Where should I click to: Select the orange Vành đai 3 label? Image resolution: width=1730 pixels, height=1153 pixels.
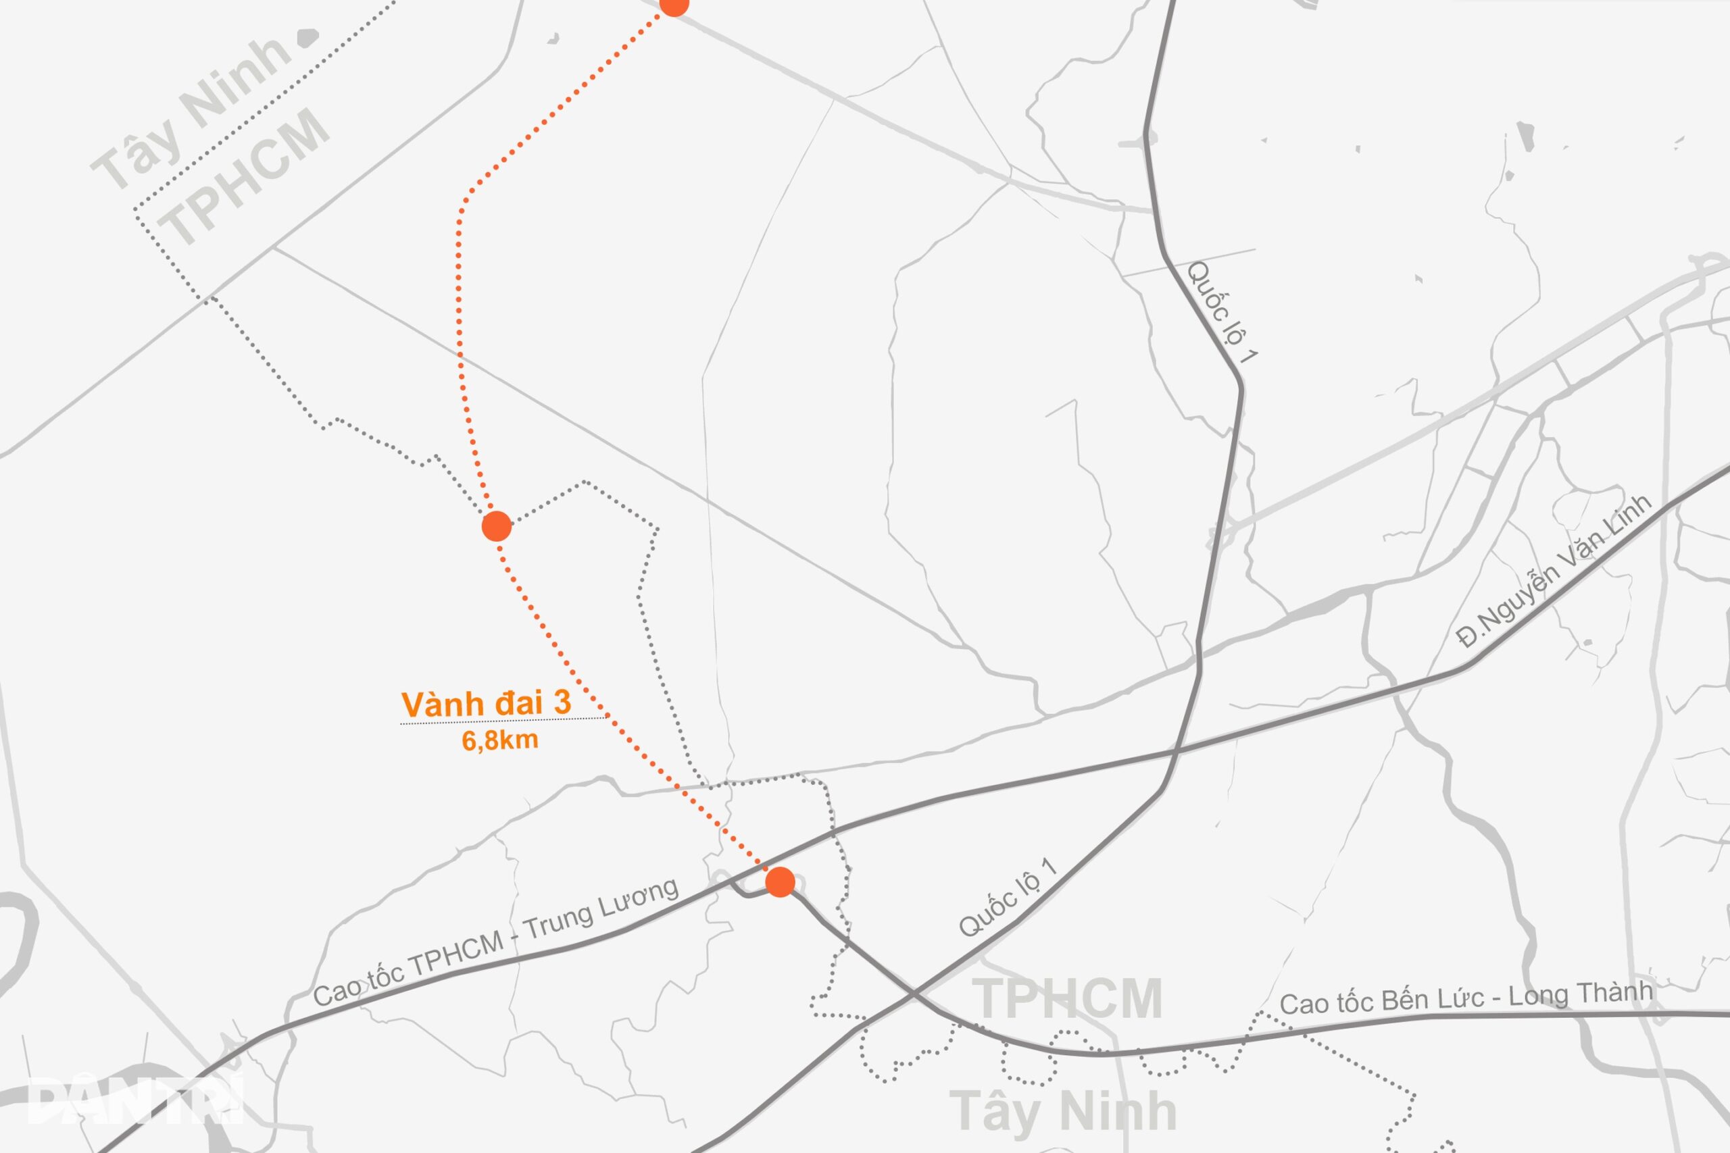pyautogui.click(x=486, y=704)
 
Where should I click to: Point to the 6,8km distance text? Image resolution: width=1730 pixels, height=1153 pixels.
pyautogui.click(x=499, y=740)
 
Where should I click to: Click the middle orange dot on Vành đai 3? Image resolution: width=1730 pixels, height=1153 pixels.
pyautogui.click(x=497, y=526)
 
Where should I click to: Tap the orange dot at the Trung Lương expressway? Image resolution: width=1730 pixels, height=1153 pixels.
pyautogui.click(x=780, y=881)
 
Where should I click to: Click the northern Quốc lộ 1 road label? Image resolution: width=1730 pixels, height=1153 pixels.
pyautogui.click(x=1222, y=312)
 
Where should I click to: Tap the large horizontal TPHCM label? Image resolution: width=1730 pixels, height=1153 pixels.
pyautogui.click(x=1067, y=998)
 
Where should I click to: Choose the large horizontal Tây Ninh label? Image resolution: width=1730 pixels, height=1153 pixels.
pyautogui.click(x=1062, y=1110)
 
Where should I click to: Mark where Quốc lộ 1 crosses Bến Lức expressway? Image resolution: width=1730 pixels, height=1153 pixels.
pyautogui.click(x=912, y=995)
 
